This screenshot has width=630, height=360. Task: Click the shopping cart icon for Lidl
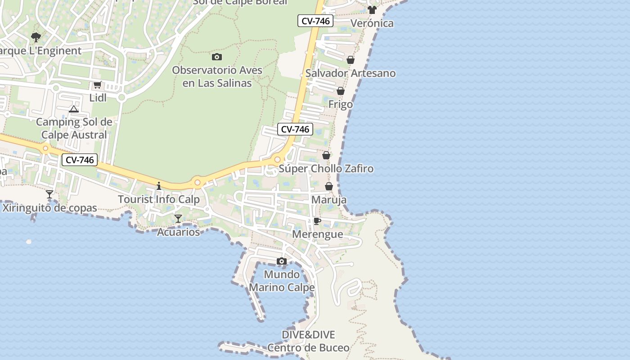coord(97,85)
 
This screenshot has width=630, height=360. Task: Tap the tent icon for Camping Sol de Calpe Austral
coord(74,109)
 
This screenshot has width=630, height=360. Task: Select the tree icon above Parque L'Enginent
coord(36,37)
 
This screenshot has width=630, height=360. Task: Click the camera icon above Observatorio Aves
coord(217,57)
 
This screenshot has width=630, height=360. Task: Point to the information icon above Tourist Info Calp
coord(158,186)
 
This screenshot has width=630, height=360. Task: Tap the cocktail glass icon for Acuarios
coord(178,219)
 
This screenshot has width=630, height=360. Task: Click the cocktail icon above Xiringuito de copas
coord(49,194)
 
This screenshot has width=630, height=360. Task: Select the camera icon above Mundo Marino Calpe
coord(282,261)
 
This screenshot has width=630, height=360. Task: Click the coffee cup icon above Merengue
coord(317,221)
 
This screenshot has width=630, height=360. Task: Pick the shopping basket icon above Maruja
coord(329,186)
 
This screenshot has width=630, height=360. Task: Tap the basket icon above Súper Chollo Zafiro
coord(326,155)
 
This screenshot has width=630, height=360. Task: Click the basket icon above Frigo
coord(341,91)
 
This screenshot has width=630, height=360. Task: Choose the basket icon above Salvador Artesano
coord(351,60)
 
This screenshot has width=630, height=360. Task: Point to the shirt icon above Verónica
coord(372,10)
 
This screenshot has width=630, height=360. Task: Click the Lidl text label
coord(98,98)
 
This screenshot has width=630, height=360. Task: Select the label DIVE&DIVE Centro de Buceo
coord(308,341)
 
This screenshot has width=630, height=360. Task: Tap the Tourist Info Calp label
coord(158,199)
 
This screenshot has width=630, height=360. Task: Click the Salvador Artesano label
coord(351,73)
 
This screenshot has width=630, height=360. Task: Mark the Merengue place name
coord(317,234)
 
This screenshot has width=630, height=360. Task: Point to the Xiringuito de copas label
coord(49,208)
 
